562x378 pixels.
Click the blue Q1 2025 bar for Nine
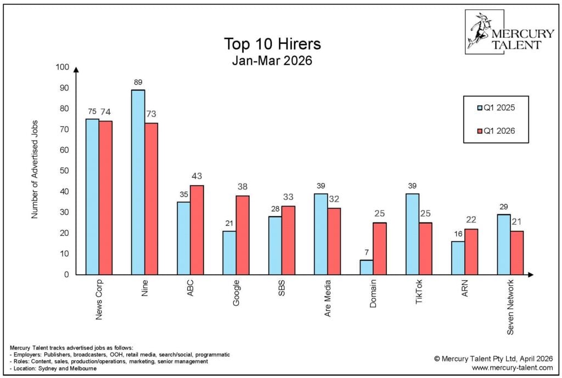coord(138,182)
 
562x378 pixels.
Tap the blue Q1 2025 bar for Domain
coord(367,267)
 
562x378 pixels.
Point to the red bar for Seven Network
coord(516,253)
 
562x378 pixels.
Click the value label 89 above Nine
coord(138,83)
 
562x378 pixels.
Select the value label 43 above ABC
coord(197,176)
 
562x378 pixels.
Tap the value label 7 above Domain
coord(366,252)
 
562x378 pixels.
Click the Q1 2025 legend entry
coord(496,107)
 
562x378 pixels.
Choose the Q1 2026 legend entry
coord(496,130)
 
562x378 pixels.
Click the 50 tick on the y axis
coord(64,171)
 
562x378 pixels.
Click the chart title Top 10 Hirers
coord(272,44)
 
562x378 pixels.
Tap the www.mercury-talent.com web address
coord(513,368)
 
